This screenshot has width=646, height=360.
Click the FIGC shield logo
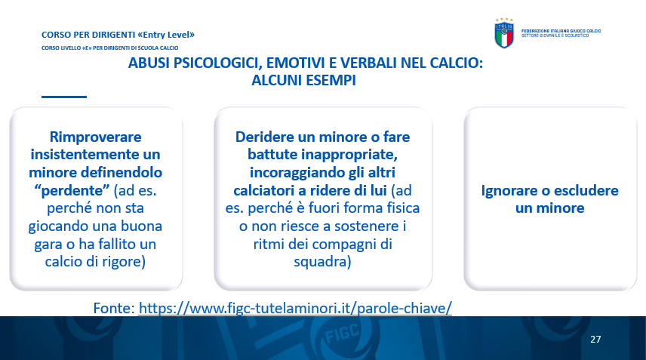click(x=504, y=33)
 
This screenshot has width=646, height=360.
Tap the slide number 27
click(x=595, y=339)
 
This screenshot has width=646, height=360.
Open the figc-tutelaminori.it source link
click(x=295, y=308)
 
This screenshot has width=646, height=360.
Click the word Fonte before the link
click(x=112, y=308)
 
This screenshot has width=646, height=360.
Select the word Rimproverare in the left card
click(x=95, y=137)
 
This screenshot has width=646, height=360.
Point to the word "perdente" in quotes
click(x=72, y=190)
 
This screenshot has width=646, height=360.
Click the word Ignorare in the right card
click(x=509, y=191)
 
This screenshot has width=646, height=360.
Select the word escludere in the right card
click(x=586, y=191)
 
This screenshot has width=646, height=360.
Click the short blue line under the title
click(x=64, y=97)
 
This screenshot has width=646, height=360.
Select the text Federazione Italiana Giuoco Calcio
click(x=561, y=31)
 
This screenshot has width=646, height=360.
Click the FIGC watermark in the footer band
click(x=341, y=334)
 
